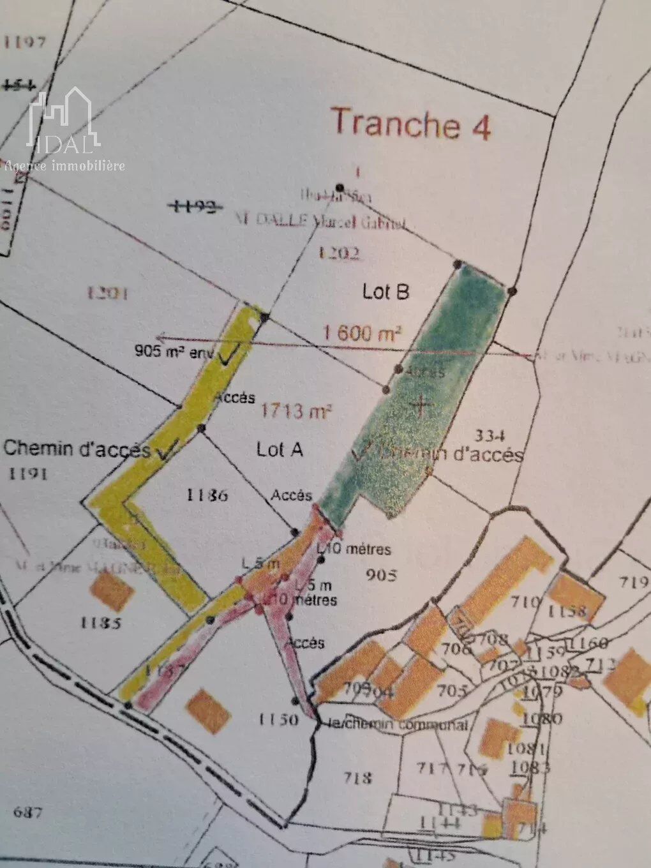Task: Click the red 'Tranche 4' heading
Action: click(x=412, y=123)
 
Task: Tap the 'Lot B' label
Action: click(x=385, y=292)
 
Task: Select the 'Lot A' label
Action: click(x=280, y=449)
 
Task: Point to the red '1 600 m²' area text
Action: click(x=363, y=333)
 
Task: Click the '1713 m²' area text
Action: click(x=296, y=411)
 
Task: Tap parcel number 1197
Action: click(x=25, y=43)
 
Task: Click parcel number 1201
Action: click(x=107, y=293)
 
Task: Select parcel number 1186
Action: click(x=207, y=495)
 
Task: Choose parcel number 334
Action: click(x=490, y=436)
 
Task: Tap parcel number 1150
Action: click(x=278, y=719)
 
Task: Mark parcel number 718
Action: click(x=357, y=777)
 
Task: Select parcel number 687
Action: click(x=27, y=812)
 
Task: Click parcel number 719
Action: click(x=634, y=581)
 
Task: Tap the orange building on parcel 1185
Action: click(x=112, y=590)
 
